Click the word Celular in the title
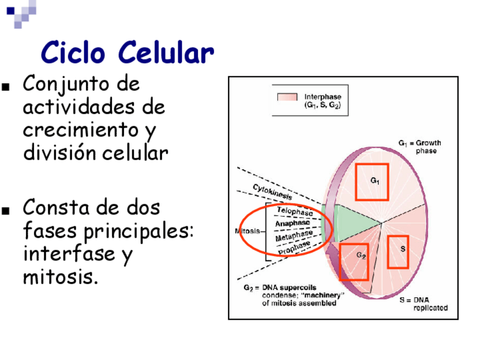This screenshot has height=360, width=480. click(166, 53)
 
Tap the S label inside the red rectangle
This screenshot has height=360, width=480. click(402, 249)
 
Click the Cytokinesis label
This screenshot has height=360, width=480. click(273, 192)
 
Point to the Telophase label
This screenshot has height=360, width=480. click(294, 212)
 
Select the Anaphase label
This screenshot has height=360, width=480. click(292, 223)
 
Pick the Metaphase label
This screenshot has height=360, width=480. click(294, 235)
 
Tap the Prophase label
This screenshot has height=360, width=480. click(294, 246)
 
